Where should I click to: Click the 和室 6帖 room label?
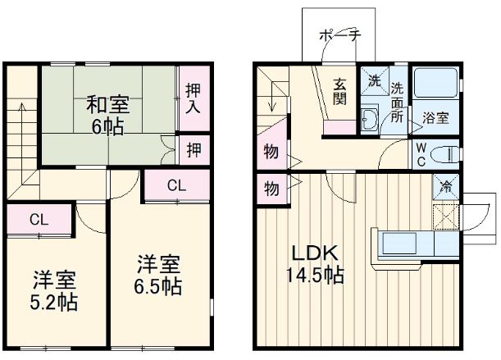pos(107,115)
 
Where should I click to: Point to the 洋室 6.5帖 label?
pos(159,276)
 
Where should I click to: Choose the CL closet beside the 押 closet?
pos(175,185)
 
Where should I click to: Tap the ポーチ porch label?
pos(336,36)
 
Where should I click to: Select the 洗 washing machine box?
pos(374,82)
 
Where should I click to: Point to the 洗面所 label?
pos(397,102)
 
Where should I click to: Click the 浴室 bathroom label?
pos(435,118)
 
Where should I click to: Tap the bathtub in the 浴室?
pos(435,86)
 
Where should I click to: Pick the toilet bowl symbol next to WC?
pos(445,153)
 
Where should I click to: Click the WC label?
pos(419,153)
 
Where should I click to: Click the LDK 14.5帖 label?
pos(312,264)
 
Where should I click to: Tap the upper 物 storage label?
pos(270,152)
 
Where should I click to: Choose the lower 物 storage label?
pos(270,188)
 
